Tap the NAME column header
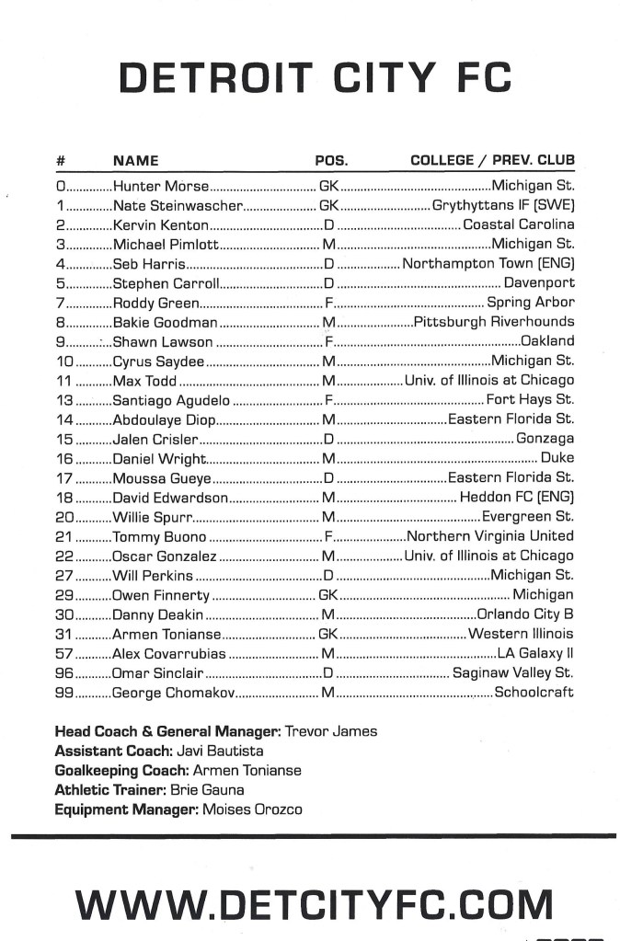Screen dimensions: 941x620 click(135, 160)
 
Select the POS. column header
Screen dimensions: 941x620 click(331, 160)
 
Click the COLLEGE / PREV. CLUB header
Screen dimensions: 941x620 click(492, 160)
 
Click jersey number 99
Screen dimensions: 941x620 click(64, 693)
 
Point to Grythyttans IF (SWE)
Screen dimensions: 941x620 click(503, 206)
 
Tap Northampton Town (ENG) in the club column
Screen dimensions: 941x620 click(488, 264)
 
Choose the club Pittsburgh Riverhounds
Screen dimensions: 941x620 click(494, 322)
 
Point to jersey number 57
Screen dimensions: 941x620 click(64, 654)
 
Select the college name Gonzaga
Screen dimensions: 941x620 click(545, 439)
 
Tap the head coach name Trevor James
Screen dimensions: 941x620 click(331, 731)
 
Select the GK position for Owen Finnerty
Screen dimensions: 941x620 click(329, 595)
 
